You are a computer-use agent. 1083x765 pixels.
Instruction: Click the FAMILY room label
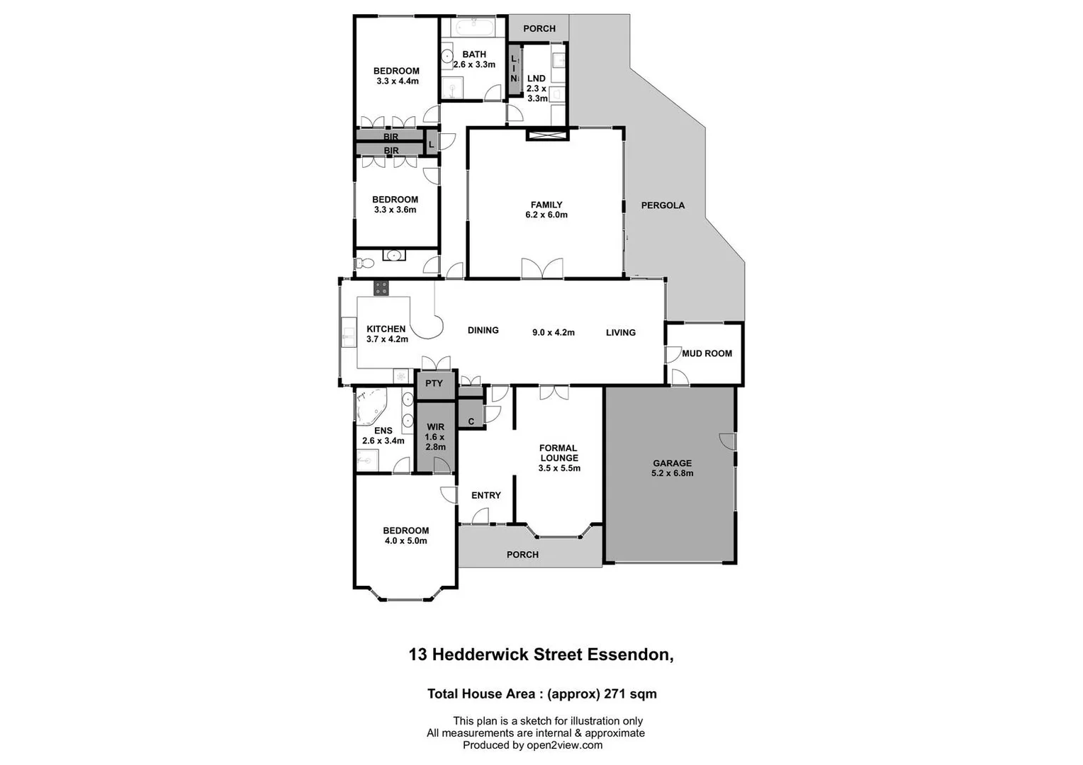(x=546, y=205)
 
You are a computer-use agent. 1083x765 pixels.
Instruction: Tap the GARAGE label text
(x=672, y=463)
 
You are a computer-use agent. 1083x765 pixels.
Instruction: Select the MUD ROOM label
(x=707, y=353)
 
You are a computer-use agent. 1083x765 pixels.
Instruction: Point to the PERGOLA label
(x=663, y=205)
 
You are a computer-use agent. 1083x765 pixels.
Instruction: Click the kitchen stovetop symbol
(x=381, y=288)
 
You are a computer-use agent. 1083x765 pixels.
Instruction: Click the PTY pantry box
(x=434, y=383)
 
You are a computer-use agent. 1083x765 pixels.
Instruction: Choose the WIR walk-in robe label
(x=435, y=426)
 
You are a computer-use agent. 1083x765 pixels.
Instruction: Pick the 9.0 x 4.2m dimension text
(x=553, y=332)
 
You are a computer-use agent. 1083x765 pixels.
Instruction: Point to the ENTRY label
(x=486, y=495)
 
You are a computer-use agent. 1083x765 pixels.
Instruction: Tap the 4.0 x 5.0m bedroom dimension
(x=406, y=541)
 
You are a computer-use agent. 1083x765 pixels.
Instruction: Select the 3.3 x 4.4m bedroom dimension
(x=398, y=81)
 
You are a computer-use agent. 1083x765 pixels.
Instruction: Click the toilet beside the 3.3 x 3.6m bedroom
(x=364, y=263)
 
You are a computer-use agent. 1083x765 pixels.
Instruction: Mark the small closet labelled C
(x=471, y=421)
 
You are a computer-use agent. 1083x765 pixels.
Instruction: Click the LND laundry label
(x=537, y=79)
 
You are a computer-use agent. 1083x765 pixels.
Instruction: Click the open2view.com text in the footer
(x=564, y=744)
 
